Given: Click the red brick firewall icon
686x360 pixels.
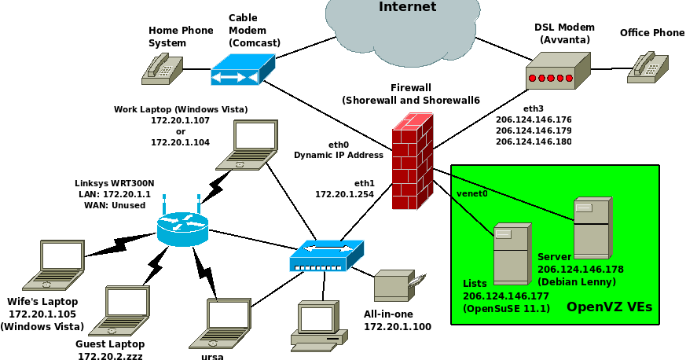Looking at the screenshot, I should [x=413, y=161].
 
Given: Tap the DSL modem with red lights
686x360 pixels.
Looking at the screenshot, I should [x=558, y=71].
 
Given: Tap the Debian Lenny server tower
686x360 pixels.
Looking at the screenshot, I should [x=592, y=228].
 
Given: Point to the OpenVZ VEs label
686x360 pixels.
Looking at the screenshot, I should [x=609, y=307].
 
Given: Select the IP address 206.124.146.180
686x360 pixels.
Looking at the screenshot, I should [x=534, y=141].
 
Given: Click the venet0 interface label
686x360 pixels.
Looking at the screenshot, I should [x=471, y=193].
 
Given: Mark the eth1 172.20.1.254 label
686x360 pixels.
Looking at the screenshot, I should [x=345, y=188].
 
